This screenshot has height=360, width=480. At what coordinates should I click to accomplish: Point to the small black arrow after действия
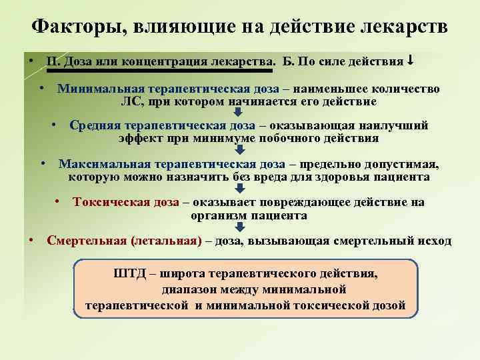click(411, 61)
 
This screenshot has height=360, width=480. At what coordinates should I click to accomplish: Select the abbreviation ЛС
click(131, 101)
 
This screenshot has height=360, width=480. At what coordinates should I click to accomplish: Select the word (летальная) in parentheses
click(166, 241)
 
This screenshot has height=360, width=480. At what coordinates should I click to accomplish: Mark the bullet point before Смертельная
click(31, 240)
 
